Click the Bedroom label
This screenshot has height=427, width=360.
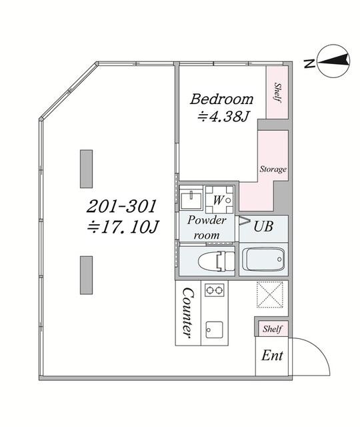point(221,99)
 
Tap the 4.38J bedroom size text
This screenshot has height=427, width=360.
point(223,117)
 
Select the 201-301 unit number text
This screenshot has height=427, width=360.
point(121,206)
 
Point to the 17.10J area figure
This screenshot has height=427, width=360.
point(123,227)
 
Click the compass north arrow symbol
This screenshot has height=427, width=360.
point(333,61)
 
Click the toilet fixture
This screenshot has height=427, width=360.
point(217,261)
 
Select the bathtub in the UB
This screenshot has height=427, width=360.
point(263,260)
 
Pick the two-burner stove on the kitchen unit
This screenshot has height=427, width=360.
point(215,290)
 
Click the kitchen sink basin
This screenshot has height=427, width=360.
point(214,330)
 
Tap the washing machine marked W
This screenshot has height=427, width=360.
point(219,200)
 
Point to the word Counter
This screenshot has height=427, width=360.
point(188,313)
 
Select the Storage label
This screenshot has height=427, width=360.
point(273,169)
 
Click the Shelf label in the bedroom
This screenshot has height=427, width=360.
point(277,93)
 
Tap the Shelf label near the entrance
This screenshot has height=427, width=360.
point(272,329)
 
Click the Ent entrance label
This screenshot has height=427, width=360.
point(272,356)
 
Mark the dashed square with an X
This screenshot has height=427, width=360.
point(270,295)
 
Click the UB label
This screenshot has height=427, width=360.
point(263,226)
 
